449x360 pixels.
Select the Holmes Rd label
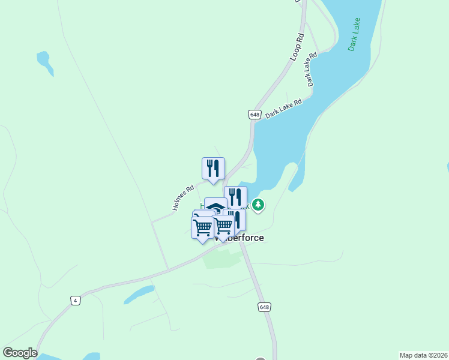(183, 197)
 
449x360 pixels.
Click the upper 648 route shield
(255, 114)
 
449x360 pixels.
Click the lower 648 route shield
(265, 307)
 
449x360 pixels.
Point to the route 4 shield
(75, 301)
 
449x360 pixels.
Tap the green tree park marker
(258, 205)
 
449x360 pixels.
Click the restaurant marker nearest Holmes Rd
(213, 169)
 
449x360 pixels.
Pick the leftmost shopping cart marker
(202, 227)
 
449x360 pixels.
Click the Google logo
(20, 353)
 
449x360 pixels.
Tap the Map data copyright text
(424, 355)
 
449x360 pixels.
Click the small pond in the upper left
(44, 62)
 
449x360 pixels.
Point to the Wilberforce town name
(240, 238)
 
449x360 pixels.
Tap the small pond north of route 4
(139, 295)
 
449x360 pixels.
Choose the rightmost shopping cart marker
(223, 226)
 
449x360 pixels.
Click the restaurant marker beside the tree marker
(236, 197)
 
